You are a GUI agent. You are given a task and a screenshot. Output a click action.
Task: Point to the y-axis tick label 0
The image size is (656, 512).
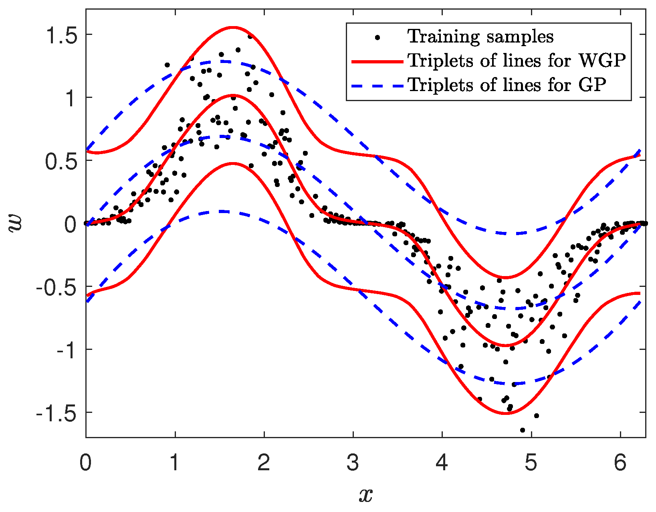(x=70, y=224)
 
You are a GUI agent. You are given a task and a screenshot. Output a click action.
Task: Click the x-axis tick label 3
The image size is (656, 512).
(x=353, y=463)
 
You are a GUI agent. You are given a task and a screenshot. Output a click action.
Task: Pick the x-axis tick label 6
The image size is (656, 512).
(x=620, y=463)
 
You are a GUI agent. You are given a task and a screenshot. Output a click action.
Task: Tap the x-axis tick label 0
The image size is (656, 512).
(x=85, y=463)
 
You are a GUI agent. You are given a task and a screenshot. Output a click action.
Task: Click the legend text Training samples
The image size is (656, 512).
(x=480, y=37)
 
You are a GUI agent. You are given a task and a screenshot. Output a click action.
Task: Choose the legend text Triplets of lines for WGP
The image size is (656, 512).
(x=517, y=61)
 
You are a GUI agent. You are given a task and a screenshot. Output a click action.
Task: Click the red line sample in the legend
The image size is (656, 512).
(x=377, y=61)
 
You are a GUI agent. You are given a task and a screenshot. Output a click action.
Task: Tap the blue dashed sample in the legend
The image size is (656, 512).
(x=377, y=85)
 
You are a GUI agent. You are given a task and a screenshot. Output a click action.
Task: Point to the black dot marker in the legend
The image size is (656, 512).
(x=377, y=37)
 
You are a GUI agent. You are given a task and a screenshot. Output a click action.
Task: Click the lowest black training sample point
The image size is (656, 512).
(x=523, y=430)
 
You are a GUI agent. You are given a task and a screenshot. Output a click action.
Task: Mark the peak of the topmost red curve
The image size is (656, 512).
(x=233, y=27)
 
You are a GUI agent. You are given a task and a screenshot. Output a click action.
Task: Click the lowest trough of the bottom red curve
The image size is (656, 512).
(x=506, y=414)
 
